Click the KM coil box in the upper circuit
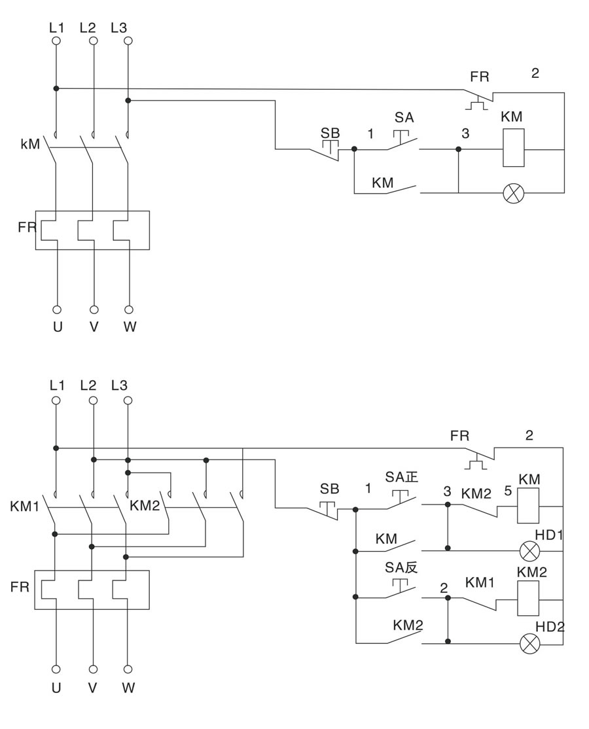[514, 148]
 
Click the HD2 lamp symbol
[529, 644]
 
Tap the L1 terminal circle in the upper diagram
[56, 41]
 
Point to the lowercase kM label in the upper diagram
[30, 142]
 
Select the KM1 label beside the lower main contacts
[25, 506]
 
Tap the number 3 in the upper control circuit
[465, 133]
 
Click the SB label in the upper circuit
[330, 133]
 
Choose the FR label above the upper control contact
[479, 77]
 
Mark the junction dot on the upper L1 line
[56, 88]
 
